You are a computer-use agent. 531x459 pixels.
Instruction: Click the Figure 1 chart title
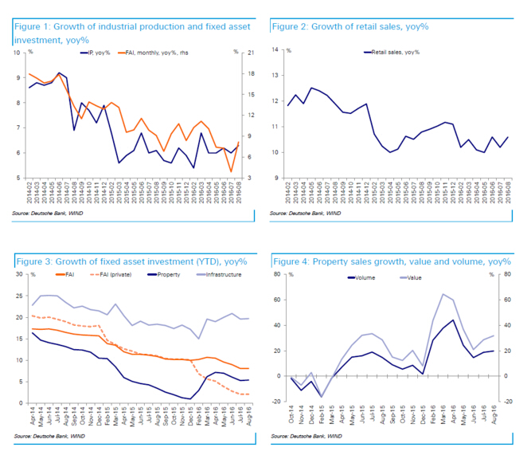click(131, 33)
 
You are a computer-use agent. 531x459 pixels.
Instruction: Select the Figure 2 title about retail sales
click(350, 27)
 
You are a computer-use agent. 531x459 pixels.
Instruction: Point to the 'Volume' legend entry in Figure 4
click(361, 278)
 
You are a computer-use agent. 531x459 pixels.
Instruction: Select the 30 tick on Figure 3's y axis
click(18, 274)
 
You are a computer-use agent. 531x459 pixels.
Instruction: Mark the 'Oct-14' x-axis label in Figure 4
click(293, 415)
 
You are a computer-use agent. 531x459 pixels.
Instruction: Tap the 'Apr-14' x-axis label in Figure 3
click(32, 415)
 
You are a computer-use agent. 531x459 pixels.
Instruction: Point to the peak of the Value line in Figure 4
click(442, 294)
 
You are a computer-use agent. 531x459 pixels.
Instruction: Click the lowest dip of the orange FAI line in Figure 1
click(231, 171)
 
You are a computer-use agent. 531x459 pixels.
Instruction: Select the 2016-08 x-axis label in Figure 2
click(506, 192)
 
